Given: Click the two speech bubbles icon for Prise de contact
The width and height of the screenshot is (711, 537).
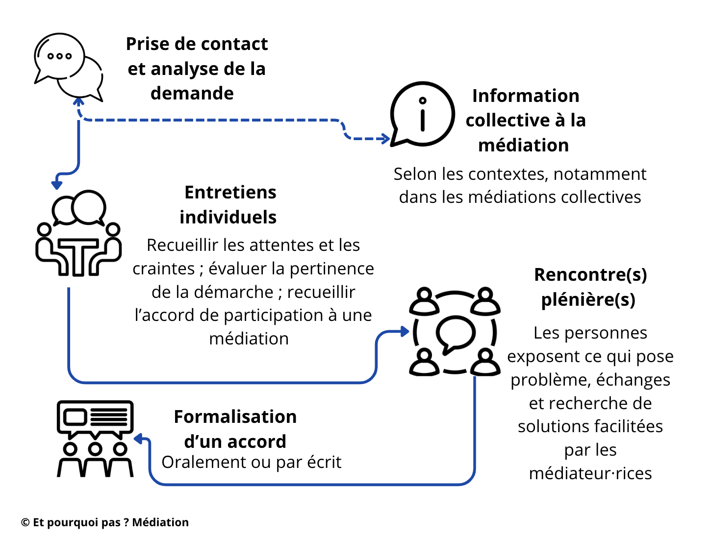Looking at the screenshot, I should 68,66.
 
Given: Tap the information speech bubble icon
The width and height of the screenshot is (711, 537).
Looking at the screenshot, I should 422,114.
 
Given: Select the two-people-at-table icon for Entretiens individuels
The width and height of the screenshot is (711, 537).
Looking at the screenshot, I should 78,233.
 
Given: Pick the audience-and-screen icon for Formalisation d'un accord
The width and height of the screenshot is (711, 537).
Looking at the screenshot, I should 95,439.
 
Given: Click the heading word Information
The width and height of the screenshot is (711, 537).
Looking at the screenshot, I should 526,96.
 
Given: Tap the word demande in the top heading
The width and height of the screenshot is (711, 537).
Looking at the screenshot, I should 192,93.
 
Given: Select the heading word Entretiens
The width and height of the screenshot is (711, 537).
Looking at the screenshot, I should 230,192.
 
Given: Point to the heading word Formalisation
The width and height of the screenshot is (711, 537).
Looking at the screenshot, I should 235,416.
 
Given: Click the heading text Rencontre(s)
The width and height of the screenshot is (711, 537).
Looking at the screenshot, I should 590,275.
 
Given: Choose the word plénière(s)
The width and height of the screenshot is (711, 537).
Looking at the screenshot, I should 588,299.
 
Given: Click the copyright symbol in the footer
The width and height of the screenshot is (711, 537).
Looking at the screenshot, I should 25,523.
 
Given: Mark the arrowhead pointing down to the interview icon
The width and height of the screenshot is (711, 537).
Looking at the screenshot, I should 57,185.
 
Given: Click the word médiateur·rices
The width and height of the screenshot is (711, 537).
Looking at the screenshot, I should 590,473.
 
